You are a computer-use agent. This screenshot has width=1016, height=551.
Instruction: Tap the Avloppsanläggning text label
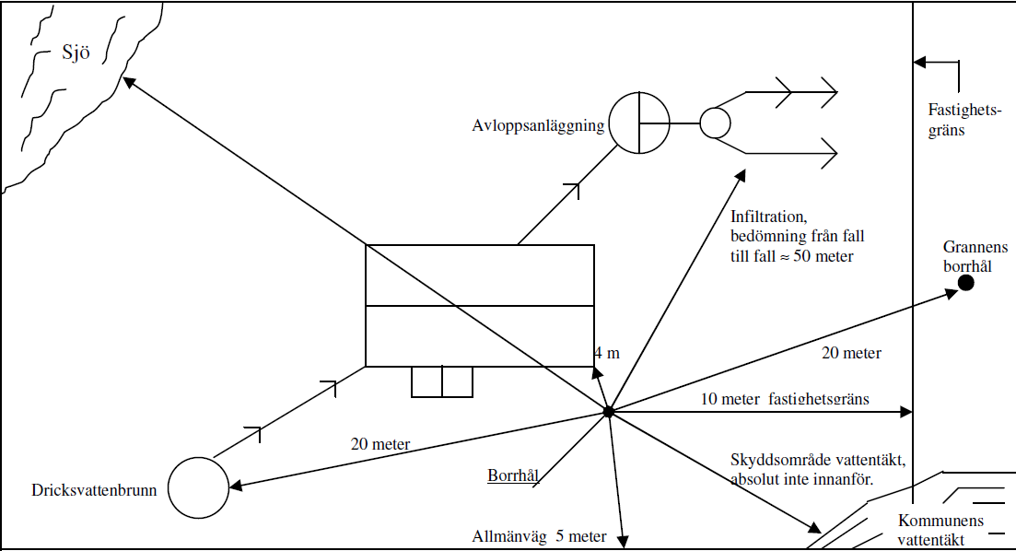click(x=538, y=126)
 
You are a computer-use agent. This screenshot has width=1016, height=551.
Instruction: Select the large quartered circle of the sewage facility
click(x=639, y=123)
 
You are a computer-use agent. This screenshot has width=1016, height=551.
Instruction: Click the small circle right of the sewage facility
click(x=715, y=123)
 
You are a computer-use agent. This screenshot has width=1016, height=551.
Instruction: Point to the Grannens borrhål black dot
click(x=965, y=282)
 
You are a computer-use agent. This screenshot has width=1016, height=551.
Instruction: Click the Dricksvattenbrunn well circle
click(x=197, y=488)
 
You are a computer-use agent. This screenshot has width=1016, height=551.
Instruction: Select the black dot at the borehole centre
click(x=608, y=412)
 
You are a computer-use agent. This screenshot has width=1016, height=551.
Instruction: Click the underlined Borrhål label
click(x=512, y=475)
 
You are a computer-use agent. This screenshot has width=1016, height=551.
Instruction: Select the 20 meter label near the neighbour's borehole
click(x=850, y=353)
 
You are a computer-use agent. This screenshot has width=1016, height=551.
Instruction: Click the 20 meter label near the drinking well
click(x=380, y=444)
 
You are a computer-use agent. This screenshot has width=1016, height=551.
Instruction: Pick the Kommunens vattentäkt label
click(x=940, y=530)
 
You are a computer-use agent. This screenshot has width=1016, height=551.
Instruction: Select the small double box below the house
click(x=442, y=381)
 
